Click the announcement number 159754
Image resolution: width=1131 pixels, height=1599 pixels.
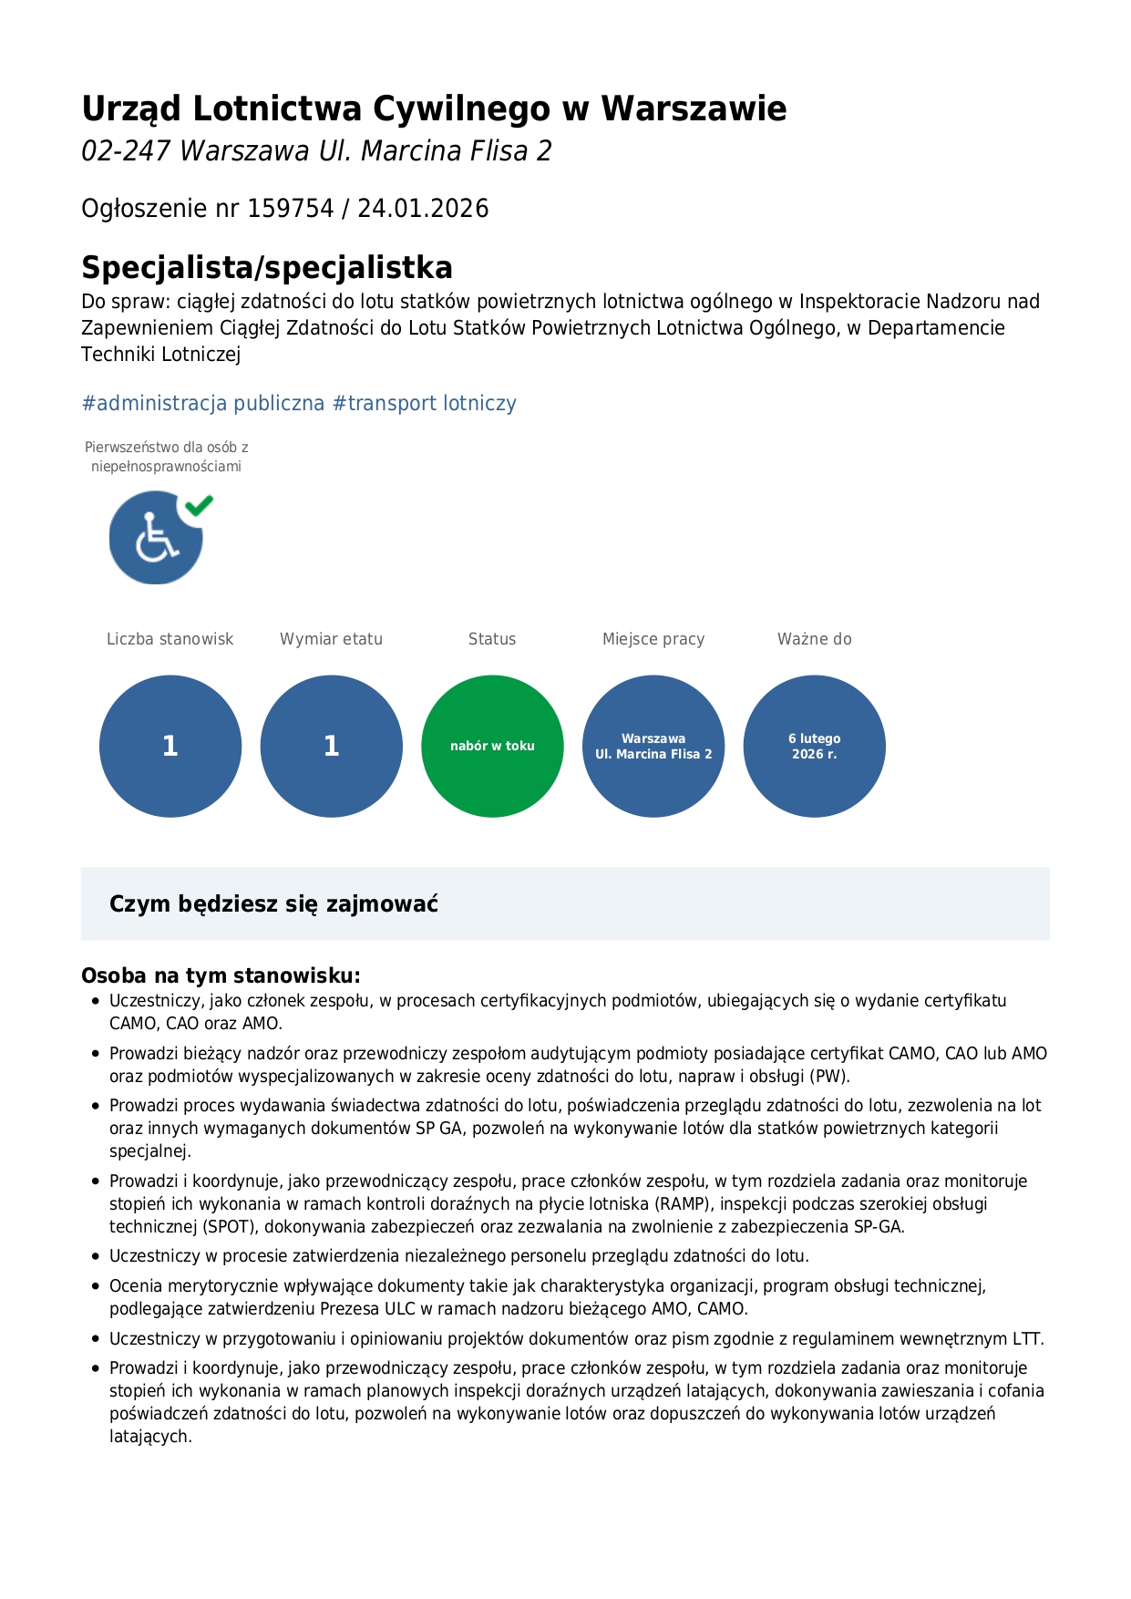pyautogui.click(x=291, y=209)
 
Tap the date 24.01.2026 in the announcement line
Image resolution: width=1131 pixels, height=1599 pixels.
pyautogui.click(x=423, y=209)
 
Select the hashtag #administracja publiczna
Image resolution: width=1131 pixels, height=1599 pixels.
pyautogui.click(x=202, y=403)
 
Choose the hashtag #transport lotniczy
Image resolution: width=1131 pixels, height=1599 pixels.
pyautogui.click(x=425, y=403)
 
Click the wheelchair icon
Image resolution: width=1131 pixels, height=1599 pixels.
pyautogui.click(x=156, y=539)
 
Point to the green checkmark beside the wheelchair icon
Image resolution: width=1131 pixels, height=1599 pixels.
pyautogui.click(x=199, y=504)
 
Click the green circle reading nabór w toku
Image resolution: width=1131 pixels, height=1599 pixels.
pyautogui.click(x=492, y=746)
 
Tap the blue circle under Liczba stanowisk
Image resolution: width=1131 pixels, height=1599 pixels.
pyautogui.click(x=170, y=746)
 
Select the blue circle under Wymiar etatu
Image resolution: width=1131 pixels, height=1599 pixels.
pyautogui.click(x=332, y=746)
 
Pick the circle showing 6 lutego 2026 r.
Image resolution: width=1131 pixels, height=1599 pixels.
pyautogui.click(x=814, y=746)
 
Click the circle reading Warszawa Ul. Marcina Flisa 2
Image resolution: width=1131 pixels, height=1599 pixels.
pyautogui.click(x=653, y=746)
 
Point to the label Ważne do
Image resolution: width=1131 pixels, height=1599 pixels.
pyautogui.click(x=814, y=639)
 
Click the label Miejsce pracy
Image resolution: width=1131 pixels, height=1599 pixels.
pyautogui.click(x=653, y=639)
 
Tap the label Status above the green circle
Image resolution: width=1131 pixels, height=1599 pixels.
pyautogui.click(x=492, y=639)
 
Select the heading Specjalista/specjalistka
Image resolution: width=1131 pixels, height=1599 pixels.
pyautogui.click(x=267, y=267)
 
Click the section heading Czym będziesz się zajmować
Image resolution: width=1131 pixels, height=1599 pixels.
pyautogui.click(x=273, y=903)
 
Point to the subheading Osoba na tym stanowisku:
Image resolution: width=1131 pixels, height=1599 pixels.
pyautogui.click(x=221, y=975)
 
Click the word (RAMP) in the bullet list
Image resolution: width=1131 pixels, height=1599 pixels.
pyautogui.click(x=683, y=1203)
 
